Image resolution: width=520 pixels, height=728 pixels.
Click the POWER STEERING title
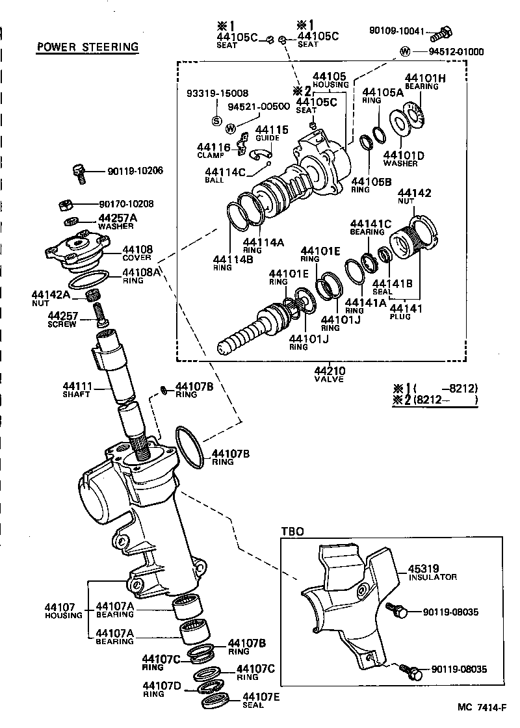pyautogui.click(x=88, y=47)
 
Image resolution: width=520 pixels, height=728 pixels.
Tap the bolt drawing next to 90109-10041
pyautogui.click(x=442, y=32)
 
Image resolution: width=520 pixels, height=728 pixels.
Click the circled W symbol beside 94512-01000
pyautogui.click(x=405, y=52)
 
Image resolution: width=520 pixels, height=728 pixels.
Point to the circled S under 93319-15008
pyautogui.click(x=217, y=120)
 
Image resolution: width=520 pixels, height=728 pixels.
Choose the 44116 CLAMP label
pyautogui.click(x=214, y=151)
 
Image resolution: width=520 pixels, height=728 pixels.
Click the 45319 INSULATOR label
pyautogui.click(x=432, y=572)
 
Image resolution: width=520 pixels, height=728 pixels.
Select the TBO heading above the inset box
pyautogui.click(x=292, y=531)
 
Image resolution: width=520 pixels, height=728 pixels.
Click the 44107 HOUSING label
pyautogui.click(x=63, y=611)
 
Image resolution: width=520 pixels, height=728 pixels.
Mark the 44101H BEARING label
pyautogui.click(x=425, y=81)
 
